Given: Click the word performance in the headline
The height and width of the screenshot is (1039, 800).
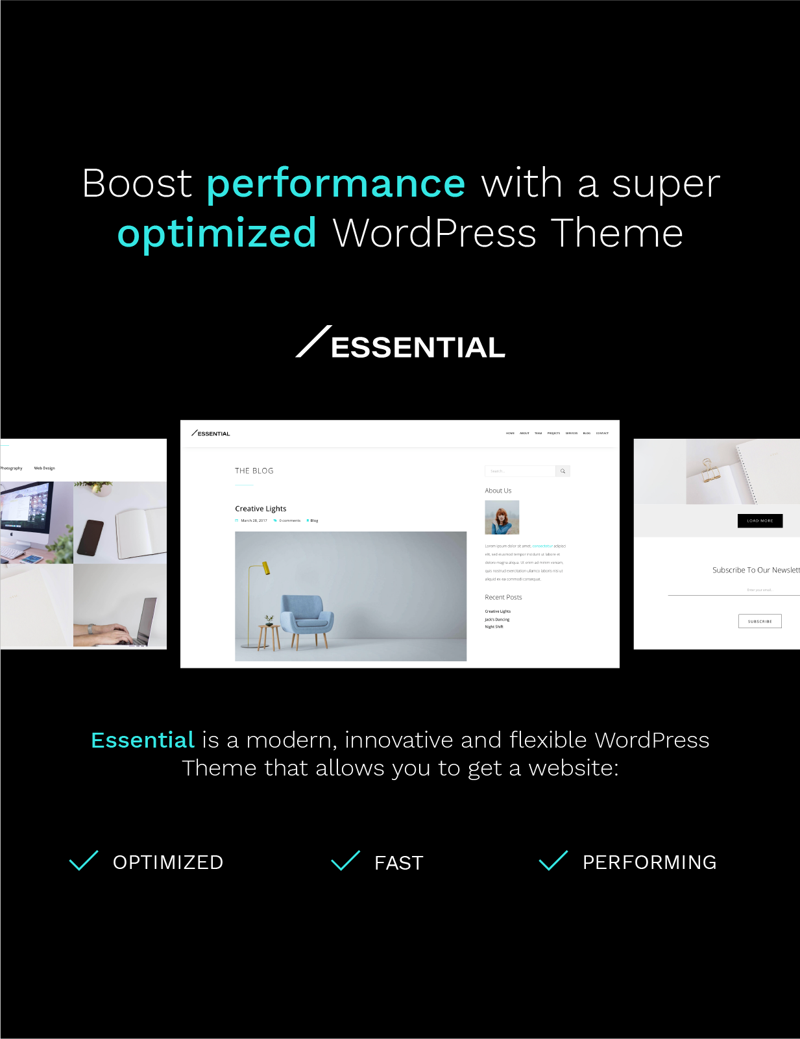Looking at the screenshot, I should [335, 184].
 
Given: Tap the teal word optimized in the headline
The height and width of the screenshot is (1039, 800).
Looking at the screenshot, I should [217, 233].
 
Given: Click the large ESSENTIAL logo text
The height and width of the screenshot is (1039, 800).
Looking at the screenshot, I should [418, 348].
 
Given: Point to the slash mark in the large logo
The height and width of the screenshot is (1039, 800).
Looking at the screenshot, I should [313, 341].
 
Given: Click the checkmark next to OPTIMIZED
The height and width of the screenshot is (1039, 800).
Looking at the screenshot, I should [84, 861].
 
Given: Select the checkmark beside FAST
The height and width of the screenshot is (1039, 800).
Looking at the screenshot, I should [345, 861].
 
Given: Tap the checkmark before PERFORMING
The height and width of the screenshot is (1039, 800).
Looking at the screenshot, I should [553, 861].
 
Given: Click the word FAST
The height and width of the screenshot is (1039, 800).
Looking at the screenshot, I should [398, 863].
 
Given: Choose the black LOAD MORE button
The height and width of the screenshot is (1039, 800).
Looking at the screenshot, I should [760, 520].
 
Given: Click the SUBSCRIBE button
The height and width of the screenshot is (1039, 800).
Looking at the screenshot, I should [760, 621].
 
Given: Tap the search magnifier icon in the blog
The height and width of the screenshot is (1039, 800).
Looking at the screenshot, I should [563, 471].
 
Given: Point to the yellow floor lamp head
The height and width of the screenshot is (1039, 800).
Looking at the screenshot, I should [265, 568].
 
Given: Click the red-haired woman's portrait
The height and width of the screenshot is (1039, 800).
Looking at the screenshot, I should [502, 517].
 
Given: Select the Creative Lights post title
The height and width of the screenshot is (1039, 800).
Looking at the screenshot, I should [260, 509].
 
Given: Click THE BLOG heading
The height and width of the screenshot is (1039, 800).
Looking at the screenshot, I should [254, 471].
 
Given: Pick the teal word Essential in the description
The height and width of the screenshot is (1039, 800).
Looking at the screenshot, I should [143, 740].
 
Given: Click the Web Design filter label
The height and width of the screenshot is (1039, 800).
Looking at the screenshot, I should [44, 468].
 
